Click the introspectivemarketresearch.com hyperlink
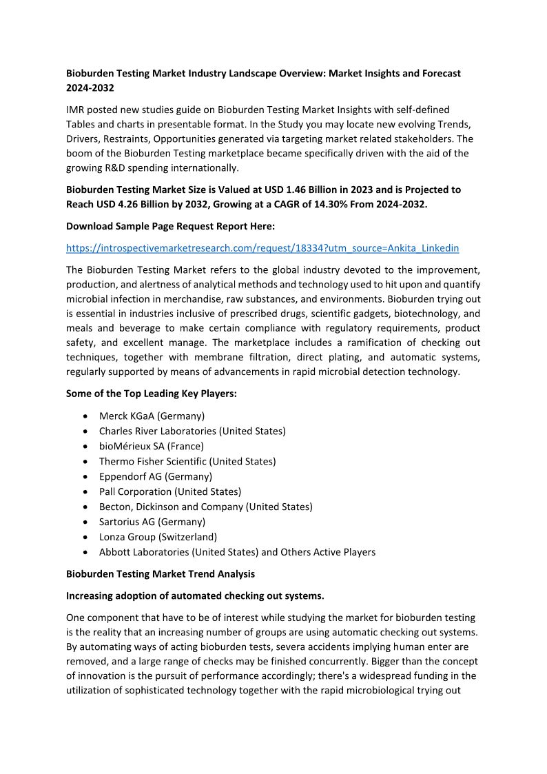point(262,247)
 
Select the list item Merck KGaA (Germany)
point(152,416)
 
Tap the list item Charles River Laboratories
point(192,431)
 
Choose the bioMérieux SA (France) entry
point(152,446)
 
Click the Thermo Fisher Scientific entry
point(187,461)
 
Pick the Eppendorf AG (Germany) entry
point(156,476)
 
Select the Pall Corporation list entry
point(170,491)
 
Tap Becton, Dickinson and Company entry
point(205,507)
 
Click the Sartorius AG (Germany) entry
point(152,522)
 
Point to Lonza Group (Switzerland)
point(158,537)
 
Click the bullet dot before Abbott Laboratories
point(84,552)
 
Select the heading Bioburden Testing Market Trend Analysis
point(161,573)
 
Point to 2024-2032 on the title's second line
point(90,88)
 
